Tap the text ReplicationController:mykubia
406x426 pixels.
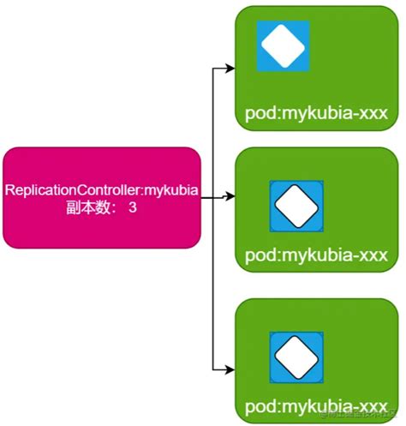pyautogui.click(x=102, y=189)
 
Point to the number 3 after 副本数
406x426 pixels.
pyautogui.click(x=132, y=207)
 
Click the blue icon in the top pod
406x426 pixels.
pyautogui.click(x=284, y=44)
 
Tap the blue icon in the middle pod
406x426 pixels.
pyautogui.click(x=296, y=205)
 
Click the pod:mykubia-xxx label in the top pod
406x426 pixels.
pyautogui.click(x=316, y=113)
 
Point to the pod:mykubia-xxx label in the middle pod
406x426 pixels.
pyautogui.click(x=316, y=255)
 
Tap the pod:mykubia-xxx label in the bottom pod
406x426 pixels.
pyautogui.click(x=316, y=405)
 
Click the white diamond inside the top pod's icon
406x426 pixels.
pyautogui.click(x=284, y=44)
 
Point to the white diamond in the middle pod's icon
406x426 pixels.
pyautogui.click(x=296, y=205)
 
